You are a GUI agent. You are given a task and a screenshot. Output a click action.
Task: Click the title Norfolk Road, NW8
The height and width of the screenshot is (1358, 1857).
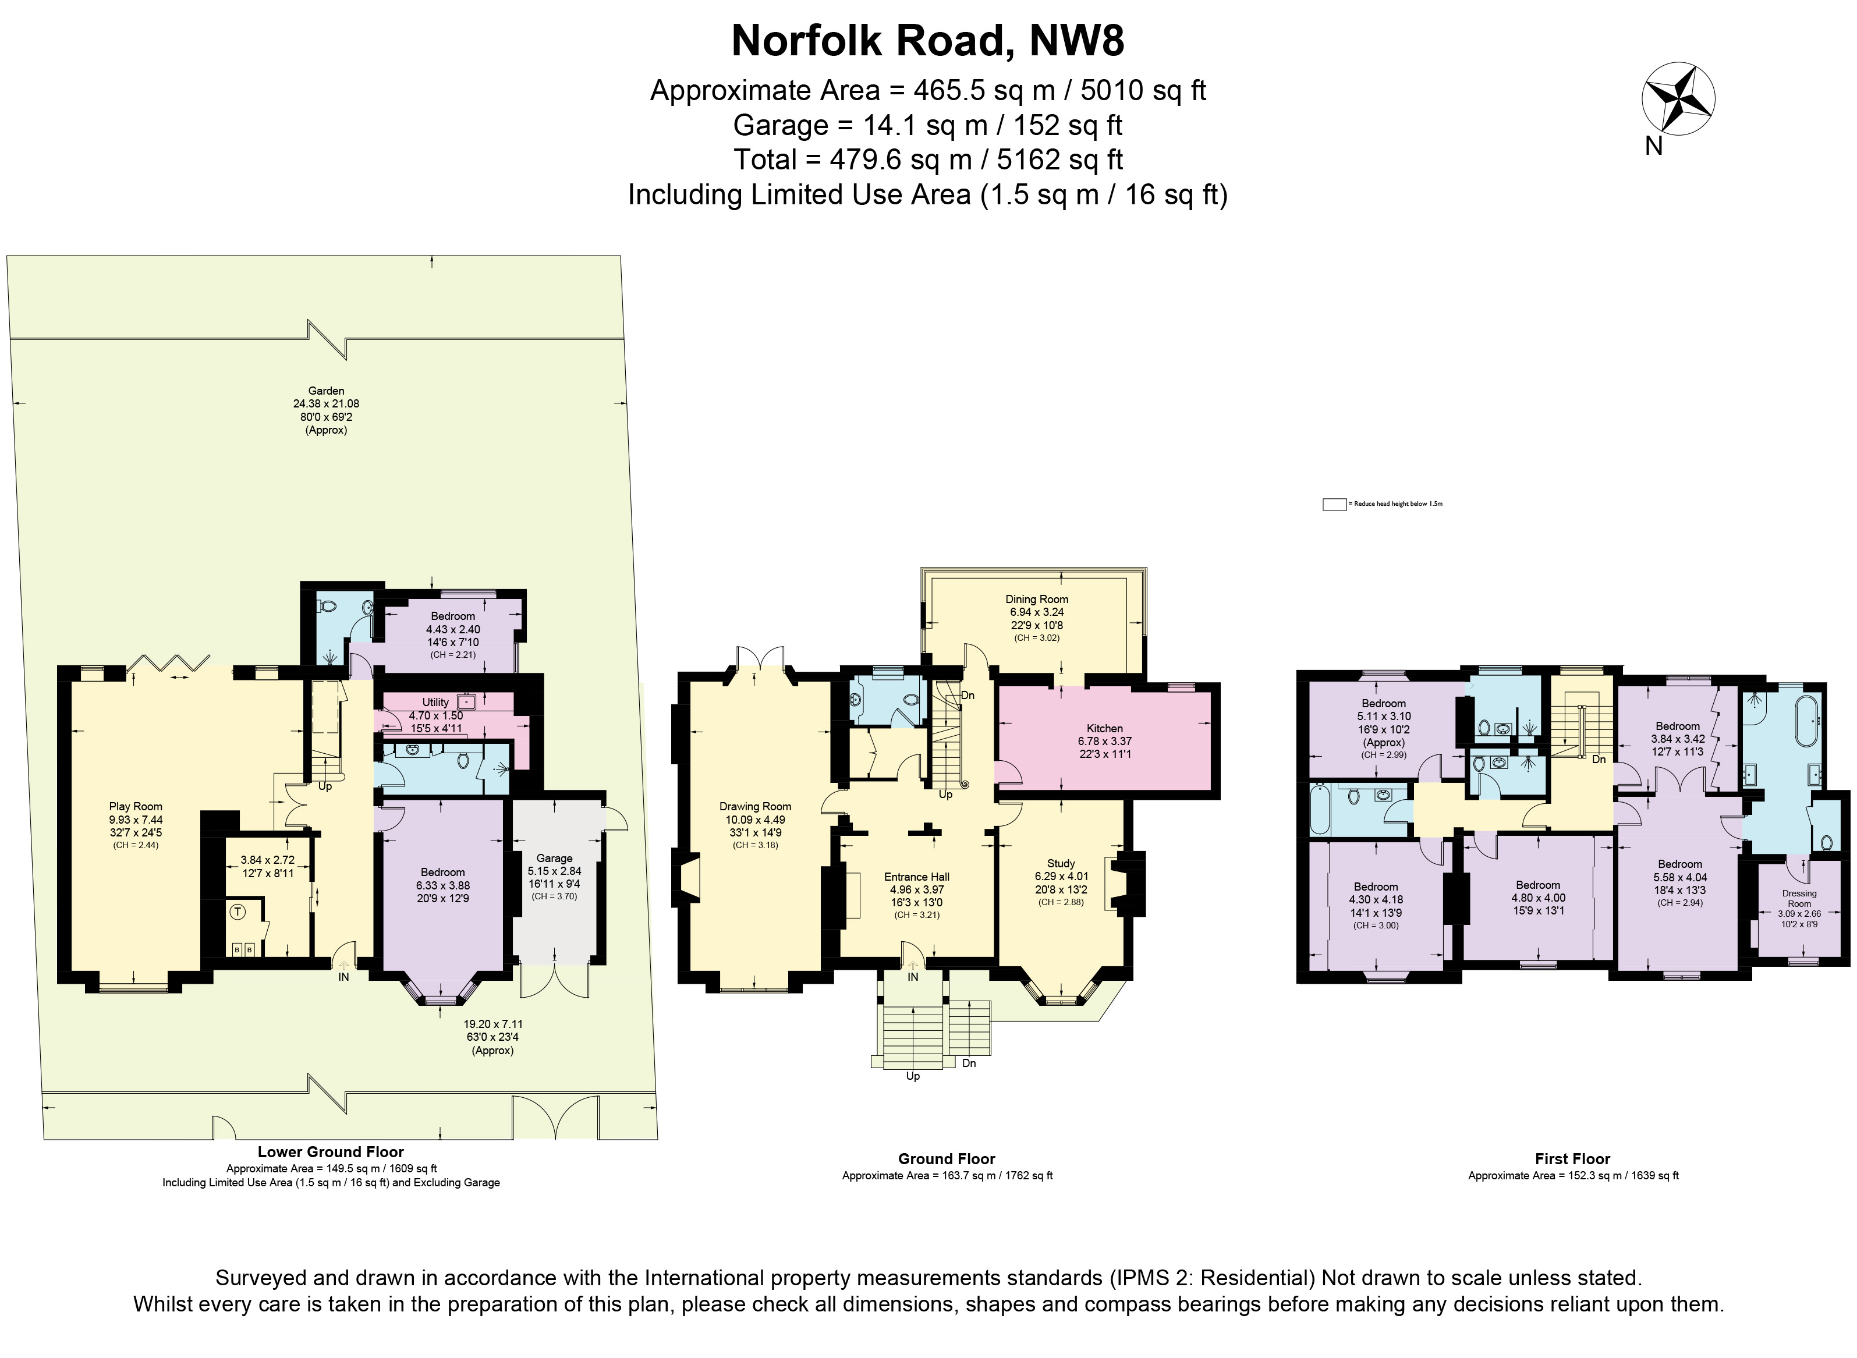[927, 41]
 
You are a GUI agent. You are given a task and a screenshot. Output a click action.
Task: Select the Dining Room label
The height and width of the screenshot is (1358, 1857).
[1037, 600]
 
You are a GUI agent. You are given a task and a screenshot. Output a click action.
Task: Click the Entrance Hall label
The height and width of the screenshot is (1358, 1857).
[917, 876]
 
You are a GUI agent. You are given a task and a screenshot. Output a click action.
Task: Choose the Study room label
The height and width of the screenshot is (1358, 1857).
[1061, 863]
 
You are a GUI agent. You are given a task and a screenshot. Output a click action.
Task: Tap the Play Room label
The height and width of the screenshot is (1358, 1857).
[136, 806]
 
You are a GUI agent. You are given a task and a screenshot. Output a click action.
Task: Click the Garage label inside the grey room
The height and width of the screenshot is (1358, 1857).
[554, 858]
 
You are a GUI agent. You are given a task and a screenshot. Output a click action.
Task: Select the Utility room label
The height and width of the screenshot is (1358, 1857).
[435, 702]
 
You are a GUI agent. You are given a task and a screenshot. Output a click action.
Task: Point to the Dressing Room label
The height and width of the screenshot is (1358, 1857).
[1799, 899]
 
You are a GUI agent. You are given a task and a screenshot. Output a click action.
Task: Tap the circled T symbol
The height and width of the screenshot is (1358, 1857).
[238, 912]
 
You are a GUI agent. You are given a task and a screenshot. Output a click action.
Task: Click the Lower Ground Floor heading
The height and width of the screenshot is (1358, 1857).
[331, 1152]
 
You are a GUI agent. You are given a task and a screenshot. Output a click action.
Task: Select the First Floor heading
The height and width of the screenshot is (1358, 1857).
[1572, 1158]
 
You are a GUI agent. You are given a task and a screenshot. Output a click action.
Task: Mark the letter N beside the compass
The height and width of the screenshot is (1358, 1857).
[1653, 146]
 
